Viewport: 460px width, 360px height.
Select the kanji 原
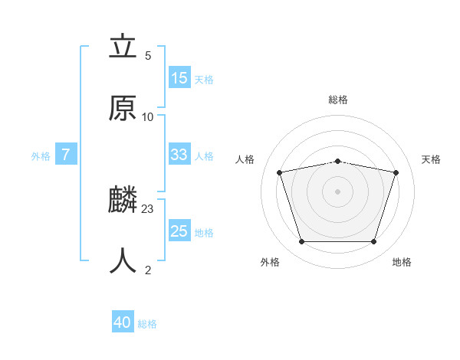click(123, 109)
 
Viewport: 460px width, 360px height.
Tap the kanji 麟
click(123, 201)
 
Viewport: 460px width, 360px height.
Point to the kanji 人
click(123, 260)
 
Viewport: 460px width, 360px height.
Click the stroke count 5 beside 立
click(148, 56)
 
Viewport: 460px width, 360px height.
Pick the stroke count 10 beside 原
click(148, 116)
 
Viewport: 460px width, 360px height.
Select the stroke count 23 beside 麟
click(148, 208)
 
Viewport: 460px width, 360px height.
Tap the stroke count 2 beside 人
click(148, 269)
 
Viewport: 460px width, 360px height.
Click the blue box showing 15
click(179, 78)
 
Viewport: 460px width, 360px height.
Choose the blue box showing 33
click(179, 155)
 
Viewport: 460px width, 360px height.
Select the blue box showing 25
click(179, 231)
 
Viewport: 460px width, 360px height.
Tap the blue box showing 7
click(66, 155)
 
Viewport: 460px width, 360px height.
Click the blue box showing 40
click(123, 323)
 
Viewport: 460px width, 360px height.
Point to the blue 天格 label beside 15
click(204, 79)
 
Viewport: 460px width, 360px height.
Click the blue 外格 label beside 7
click(41, 155)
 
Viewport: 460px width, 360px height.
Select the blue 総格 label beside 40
click(147, 324)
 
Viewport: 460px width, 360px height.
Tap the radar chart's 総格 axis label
click(337, 100)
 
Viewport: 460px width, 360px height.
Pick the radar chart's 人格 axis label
click(245, 159)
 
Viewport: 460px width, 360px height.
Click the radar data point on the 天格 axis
click(396, 172)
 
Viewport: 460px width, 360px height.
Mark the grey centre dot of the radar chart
click(337, 191)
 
